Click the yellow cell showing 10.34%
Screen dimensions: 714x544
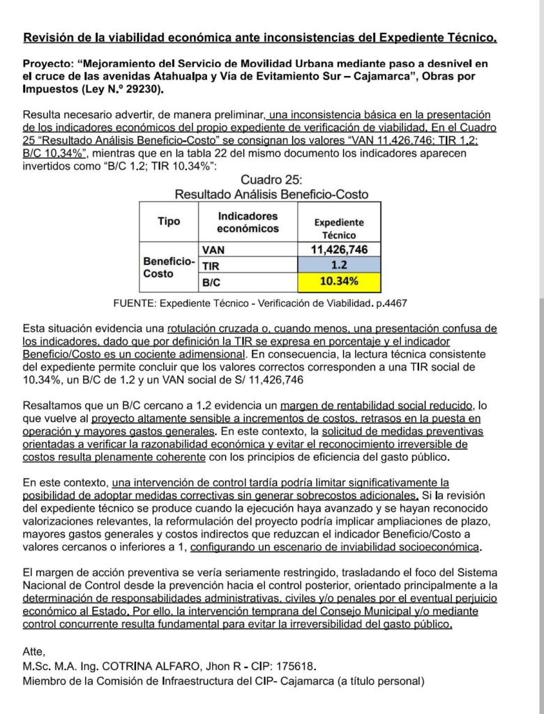point(339,282)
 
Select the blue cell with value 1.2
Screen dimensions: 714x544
point(339,266)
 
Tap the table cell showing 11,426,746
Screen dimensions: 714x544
point(339,250)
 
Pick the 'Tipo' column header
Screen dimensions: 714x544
point(169,221)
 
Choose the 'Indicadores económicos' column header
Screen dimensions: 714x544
point(248,222)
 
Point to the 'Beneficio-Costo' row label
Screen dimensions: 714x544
point(169,267)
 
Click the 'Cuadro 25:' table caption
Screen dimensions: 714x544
point(271,181)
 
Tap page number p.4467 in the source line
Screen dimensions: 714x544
point(391,303)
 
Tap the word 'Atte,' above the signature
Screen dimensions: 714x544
point(35,652)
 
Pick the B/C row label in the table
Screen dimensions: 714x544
point(211,282)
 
